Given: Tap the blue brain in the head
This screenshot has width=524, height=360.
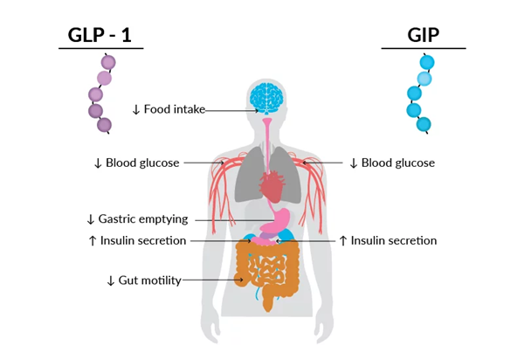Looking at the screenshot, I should point(266,99).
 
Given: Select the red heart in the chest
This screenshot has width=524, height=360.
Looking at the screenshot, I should point(272,185).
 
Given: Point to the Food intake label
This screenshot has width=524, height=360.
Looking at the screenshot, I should point(175,110).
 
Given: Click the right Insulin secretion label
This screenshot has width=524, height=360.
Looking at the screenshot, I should point(394,240).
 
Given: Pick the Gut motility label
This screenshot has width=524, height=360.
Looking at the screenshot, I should point(150,280).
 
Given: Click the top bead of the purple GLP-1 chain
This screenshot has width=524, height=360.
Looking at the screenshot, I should point(108,62).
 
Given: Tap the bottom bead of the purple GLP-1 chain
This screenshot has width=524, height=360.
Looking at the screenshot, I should point(104,125).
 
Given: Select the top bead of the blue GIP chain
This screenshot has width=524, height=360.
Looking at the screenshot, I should point(427,62).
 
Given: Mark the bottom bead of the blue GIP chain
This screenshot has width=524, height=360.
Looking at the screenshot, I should point(424,124).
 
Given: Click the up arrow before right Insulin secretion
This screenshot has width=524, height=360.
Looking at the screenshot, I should point(343,240).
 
